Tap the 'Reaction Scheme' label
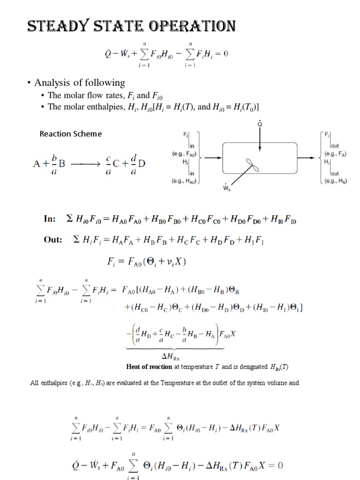(70, 134)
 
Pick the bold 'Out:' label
(53, 240)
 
